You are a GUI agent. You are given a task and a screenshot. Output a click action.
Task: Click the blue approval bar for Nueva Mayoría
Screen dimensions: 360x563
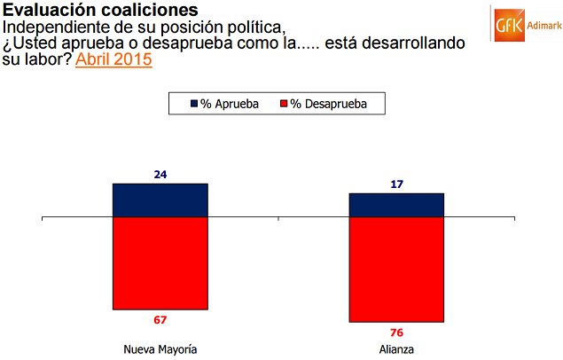[160, 200]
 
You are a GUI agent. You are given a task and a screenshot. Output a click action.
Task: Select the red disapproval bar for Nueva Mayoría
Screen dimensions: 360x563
[160, 262]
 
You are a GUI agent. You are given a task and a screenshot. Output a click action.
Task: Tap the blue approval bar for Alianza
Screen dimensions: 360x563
[396, 204]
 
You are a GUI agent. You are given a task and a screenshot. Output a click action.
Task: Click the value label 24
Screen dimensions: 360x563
[160, 176]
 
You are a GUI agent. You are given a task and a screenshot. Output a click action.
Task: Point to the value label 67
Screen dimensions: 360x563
[160, 319]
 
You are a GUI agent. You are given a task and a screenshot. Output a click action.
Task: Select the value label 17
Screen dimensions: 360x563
[396, 184]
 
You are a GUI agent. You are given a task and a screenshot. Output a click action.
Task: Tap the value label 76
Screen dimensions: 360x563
[396, 332]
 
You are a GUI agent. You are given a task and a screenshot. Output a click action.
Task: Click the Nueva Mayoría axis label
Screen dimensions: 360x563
[160, 348]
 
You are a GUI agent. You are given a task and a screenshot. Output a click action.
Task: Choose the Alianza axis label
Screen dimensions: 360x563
[396, 348]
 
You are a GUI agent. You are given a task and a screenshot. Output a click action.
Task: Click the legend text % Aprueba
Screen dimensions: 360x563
[229, 104]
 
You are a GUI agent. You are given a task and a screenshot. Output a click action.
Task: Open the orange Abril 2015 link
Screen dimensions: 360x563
[113, 60]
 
